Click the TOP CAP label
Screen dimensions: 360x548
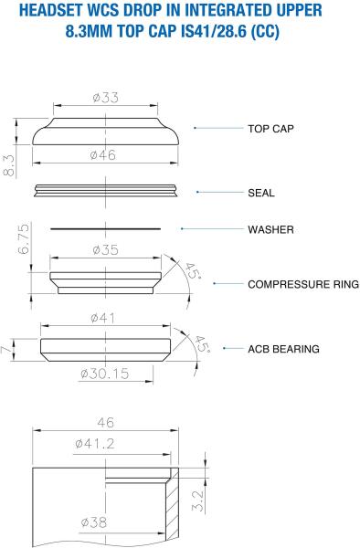[270, 129]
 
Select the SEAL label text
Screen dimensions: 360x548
[261, 193]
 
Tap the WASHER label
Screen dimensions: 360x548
[270, 229]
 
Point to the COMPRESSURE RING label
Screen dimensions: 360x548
[303, 284]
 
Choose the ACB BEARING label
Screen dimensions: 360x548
[283, 349]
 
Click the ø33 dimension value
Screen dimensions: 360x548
[106, 98]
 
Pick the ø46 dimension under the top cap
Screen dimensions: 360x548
[103, 155]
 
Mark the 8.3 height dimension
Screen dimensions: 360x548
[9, 165]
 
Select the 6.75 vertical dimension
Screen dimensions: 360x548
[24, 239]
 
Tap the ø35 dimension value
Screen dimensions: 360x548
[106, 250]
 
